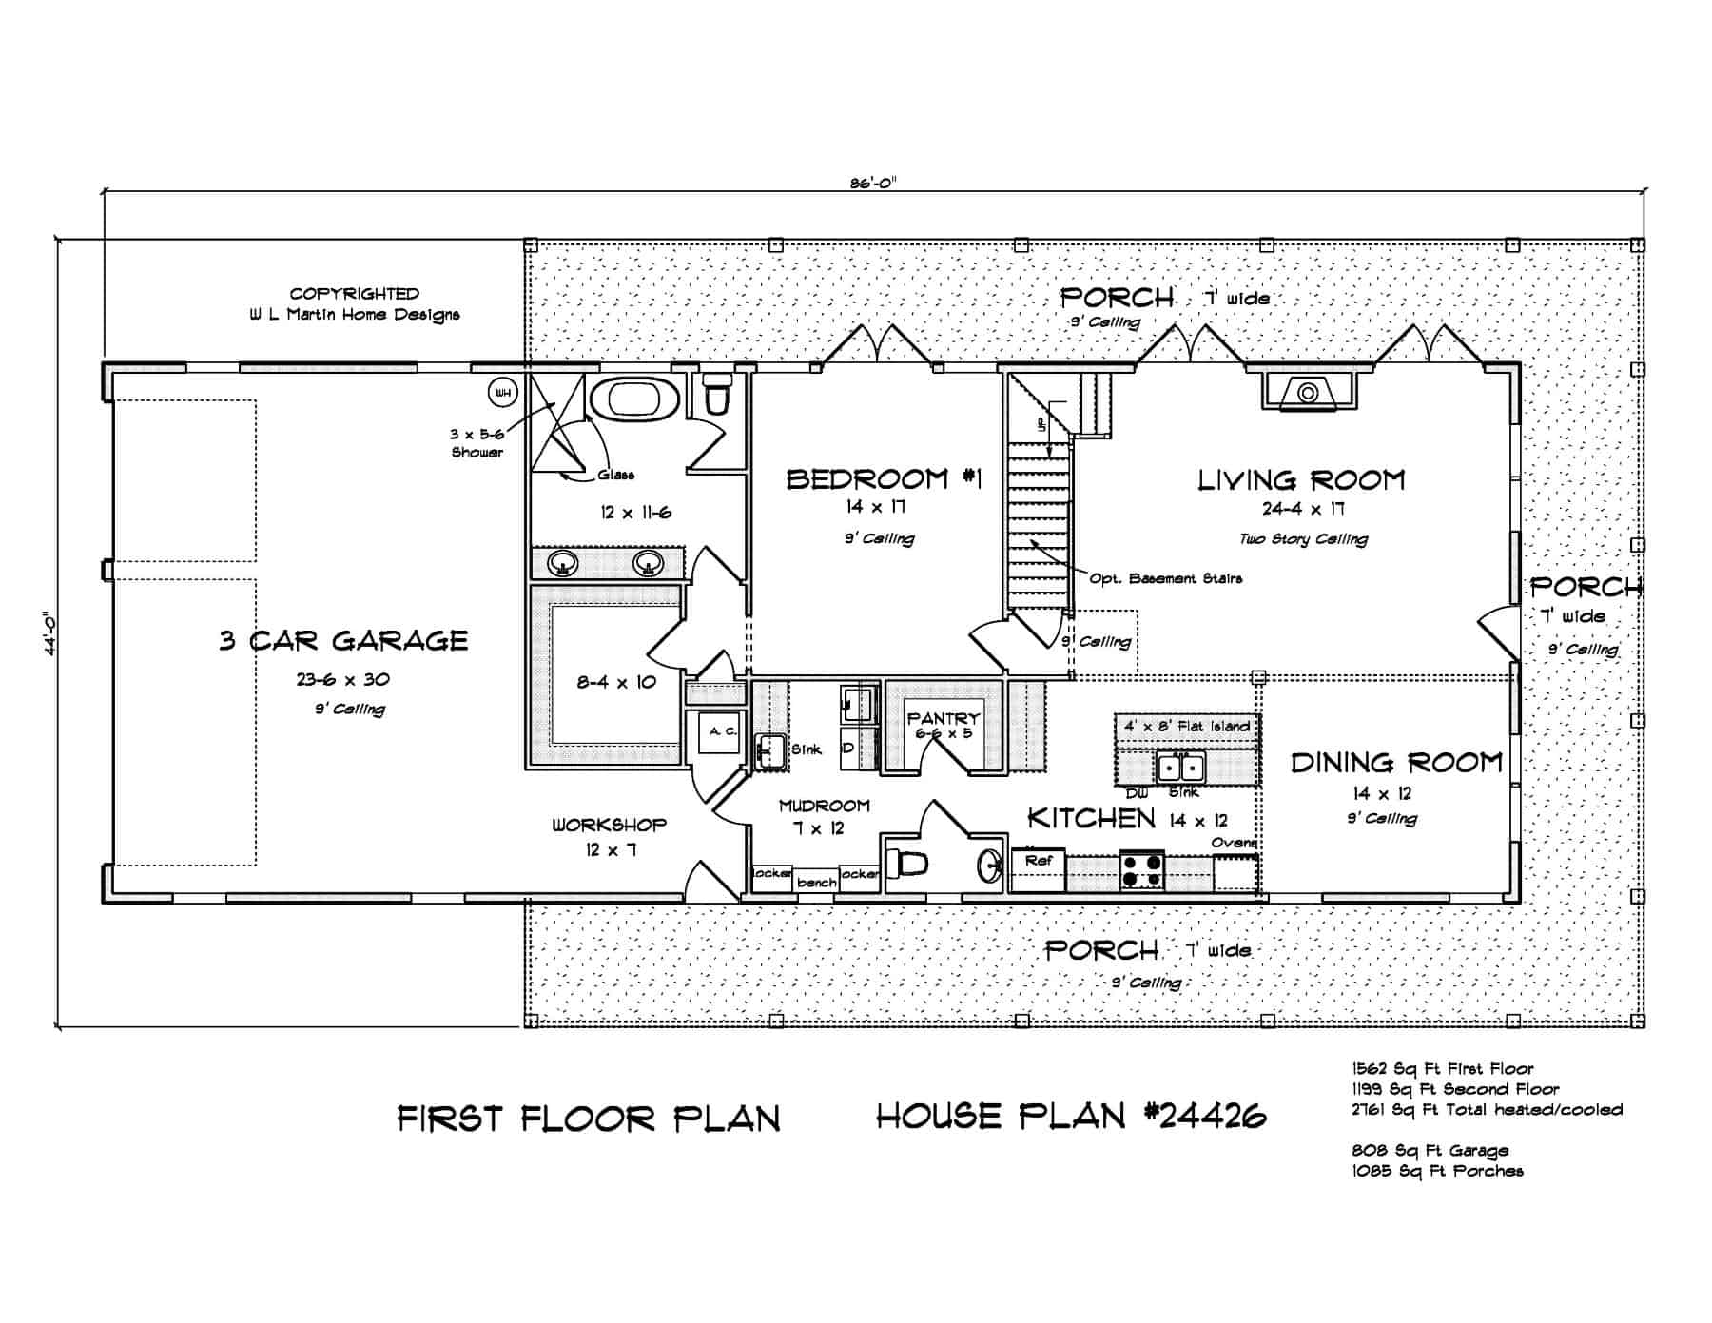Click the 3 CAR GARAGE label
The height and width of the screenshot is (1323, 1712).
343,640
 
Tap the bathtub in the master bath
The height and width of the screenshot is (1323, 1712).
632,399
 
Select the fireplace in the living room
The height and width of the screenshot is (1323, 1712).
1309,392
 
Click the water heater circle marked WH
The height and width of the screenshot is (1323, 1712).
502,392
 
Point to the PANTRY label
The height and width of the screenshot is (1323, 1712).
943,719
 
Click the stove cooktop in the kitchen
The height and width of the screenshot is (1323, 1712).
1141,868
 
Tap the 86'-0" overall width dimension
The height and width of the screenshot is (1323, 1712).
872,184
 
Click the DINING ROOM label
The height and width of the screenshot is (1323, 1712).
1395,763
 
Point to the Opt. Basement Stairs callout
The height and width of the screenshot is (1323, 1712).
1165,578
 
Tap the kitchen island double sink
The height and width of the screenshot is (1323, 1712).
1179,767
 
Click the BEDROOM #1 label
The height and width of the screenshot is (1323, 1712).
882,479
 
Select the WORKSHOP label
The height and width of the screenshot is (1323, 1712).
609,825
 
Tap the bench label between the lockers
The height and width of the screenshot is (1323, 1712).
816,883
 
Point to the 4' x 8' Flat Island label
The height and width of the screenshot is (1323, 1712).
1186,727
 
